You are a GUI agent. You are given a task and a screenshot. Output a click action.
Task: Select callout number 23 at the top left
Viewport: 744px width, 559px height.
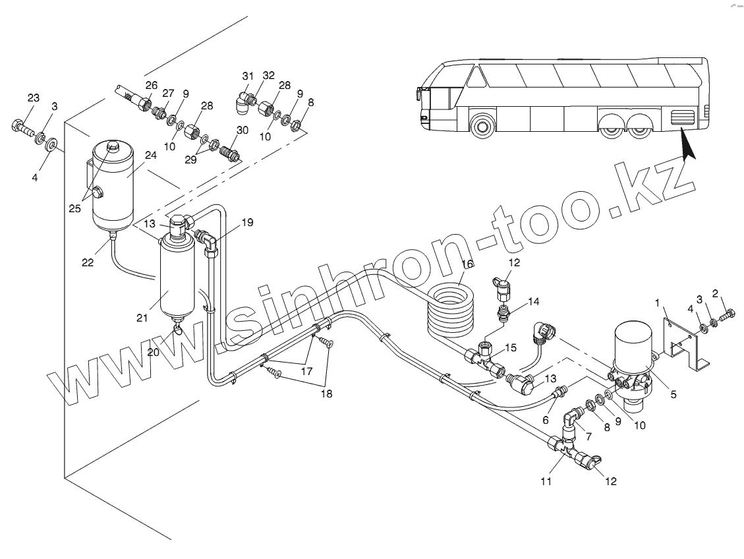(x=34, y=98)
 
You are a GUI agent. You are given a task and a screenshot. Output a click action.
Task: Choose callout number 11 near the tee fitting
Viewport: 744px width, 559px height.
(x=545, y=481)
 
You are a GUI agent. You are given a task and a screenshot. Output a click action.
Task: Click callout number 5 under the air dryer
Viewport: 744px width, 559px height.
(x=673, y=395)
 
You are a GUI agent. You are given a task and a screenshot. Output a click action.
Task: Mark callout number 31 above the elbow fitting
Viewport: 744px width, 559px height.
(x=247, y=76)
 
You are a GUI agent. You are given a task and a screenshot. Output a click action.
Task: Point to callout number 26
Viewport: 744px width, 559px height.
(x=152, y=85)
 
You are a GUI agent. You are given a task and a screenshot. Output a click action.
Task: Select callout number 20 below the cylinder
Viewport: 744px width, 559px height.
(x=154, y=352)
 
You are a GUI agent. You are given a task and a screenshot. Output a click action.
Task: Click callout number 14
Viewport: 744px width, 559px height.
(x=533, y=301)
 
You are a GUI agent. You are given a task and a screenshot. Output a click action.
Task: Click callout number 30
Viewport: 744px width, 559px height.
(x=242, y=130)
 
